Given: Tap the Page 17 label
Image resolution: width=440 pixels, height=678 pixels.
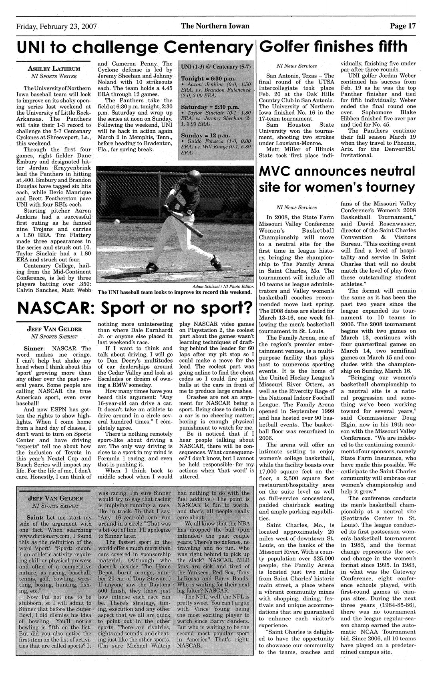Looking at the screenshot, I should coord(403,27).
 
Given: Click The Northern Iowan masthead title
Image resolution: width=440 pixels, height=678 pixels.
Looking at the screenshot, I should coord(215,27).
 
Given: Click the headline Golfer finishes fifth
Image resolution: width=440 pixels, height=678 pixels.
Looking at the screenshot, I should coord(334,47).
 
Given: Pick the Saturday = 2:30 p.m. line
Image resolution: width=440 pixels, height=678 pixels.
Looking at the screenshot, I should coord(205,107).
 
